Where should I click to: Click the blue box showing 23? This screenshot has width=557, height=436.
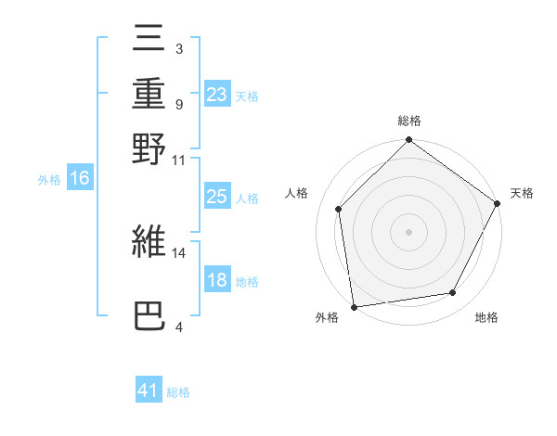tap(216, 95)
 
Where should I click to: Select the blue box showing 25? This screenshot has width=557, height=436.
tap(216, 197)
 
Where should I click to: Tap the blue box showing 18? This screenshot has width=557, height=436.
tap(216, 280)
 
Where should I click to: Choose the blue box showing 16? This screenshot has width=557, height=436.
tap(80, 179)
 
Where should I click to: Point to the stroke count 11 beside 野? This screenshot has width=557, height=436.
tap(178, 160)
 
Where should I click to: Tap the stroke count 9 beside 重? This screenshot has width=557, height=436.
tap(178, 104)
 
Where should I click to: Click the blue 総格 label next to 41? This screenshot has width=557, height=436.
tap(178, 392)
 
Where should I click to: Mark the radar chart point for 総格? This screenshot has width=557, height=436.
tap(408, 141)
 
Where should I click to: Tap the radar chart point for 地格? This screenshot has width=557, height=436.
tap(453, 293)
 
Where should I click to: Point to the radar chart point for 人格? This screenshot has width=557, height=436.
tap(339, 209)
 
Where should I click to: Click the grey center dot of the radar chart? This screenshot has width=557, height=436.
tap(408, 232)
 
